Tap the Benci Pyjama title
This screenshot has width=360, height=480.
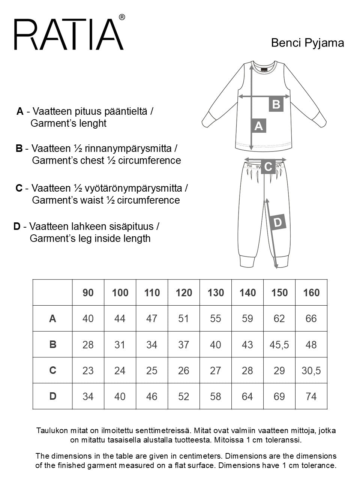[307, 43]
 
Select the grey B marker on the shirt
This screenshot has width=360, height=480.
[276, 104]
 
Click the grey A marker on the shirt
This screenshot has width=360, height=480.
[258, 126]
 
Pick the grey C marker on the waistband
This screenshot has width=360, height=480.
[268, 166]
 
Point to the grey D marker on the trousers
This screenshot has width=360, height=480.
[278, 223]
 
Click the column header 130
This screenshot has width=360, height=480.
[216, 293]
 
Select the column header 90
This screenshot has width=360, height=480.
[88, 293]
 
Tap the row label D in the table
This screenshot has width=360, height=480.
[52, 396]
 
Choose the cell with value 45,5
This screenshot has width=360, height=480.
[279, 345]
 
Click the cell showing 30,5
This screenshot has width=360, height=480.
[311, 370]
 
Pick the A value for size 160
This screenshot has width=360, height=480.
[311, 319]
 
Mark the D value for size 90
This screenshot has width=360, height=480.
[88, 396]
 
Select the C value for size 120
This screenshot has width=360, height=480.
[184, 370]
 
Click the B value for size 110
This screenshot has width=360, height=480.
[152, 345]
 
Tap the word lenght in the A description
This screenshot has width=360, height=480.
[91, 124]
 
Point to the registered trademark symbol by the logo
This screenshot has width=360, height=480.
[122, 17]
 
